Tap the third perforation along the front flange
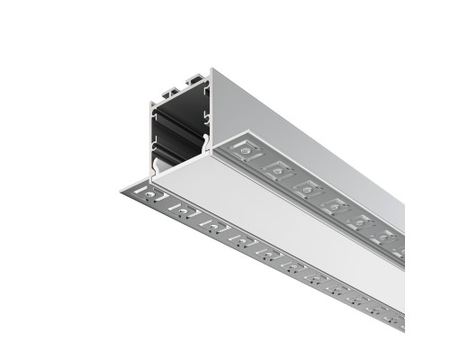pyautogui.click(x=211, y=224)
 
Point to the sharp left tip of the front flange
pyautogui.click(x=120, y=189)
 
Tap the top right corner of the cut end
pyautogui.click(x=212, y=70)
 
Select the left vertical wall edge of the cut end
pyautogui.click(x=148, y=135)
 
